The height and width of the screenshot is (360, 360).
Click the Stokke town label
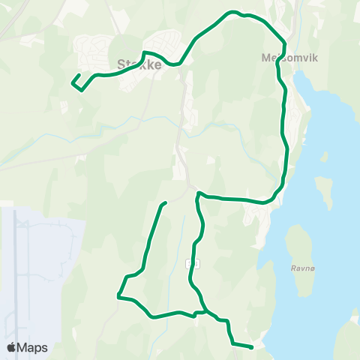click(139, 65)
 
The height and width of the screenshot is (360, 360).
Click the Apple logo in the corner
click(12, 347)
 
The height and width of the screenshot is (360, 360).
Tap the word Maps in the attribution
click(33, 347)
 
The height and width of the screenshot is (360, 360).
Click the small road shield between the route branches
click(194, 263)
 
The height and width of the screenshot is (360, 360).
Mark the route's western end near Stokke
click(73, 82)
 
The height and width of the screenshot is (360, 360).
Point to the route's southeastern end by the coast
click(252, 346)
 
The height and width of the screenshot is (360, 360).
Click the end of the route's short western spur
click(165, 202)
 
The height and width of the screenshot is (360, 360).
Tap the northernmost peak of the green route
click(234, 12)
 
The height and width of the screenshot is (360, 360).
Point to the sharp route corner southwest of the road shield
click(118, 296)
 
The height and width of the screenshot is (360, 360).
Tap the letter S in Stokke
click(121, 65)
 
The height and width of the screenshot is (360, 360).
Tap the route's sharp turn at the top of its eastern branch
click(198, 193)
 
